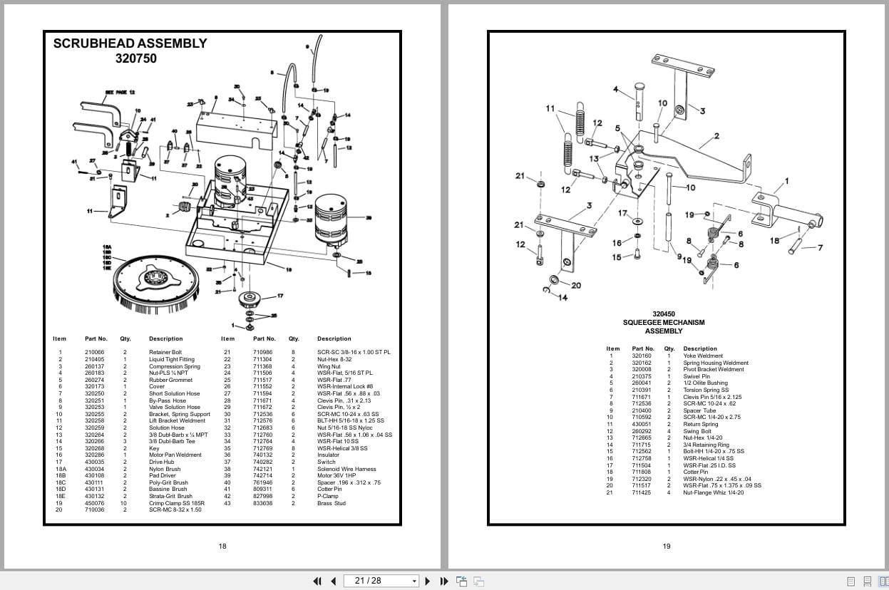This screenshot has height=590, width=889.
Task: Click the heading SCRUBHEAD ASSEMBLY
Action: click(x=130, y=43)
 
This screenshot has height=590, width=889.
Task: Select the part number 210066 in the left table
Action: click(x=94, y=352)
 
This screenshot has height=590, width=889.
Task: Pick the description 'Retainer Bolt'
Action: click(x=165, y=352)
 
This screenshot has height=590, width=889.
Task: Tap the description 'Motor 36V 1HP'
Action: click(x=335, y=475)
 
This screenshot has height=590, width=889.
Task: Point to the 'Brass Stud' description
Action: click(x=331, y=503)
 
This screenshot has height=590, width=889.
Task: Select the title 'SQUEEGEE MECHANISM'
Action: click(x=663, y=323)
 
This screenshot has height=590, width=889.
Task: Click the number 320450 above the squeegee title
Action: click(x=663, y=314)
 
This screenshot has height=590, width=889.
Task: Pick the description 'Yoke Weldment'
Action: click(x=702, y=356)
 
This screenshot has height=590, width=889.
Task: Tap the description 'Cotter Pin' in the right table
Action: click(x=695, y=472)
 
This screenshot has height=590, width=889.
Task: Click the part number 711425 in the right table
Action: click(x=641, y=492)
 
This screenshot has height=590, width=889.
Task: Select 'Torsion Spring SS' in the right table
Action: click(x=706, y=390)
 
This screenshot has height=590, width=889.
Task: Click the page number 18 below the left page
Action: click(x=222, y=547)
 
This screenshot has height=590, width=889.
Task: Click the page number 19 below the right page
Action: click(x=666, y=547)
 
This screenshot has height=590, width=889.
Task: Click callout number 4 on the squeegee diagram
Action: click(x=615, y=89)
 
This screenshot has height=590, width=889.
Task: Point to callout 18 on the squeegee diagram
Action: click(x=774, y=241)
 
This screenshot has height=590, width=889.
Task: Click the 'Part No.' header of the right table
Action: click(x=642, y=349)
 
